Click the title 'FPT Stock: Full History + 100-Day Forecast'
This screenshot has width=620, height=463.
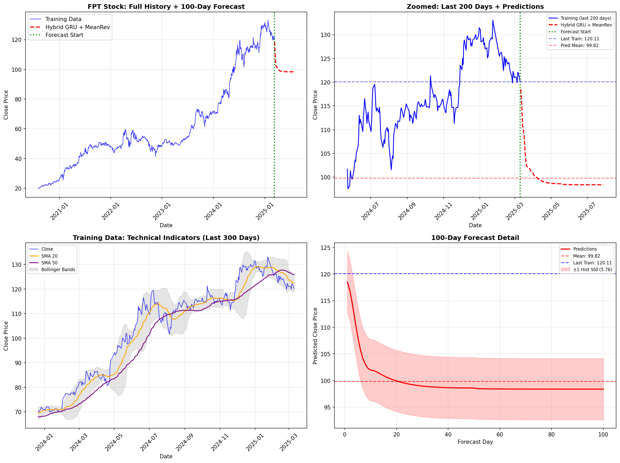click(x=166, y=6)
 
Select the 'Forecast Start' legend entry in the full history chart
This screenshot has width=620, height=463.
click(x=64, y=35)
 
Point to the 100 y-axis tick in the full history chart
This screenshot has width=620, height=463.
click(x=16, y=69)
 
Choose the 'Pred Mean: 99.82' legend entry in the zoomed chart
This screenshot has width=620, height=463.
click(x=579, y=45)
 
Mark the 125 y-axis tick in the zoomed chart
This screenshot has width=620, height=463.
click(x=325, y=58)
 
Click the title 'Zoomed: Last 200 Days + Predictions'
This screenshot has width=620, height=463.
click(x=475, y=6)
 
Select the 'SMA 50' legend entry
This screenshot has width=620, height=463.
click(x=49, y=263)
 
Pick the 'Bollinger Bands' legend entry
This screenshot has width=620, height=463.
click(x=58, y=269)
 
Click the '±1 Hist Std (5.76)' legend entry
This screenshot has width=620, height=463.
click(x=592, y=269)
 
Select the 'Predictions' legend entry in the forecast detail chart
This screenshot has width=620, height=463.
click(x=585, y=249)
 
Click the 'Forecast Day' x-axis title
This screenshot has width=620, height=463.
click(x=475, y=442)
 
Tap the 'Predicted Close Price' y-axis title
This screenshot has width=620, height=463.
click(x=315, y=336)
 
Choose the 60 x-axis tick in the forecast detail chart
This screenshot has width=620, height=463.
click(x=500, y=434)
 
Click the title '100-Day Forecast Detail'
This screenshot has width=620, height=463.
click(x=475, y=238)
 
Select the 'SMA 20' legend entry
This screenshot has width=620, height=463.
click(x=49, y=256)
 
